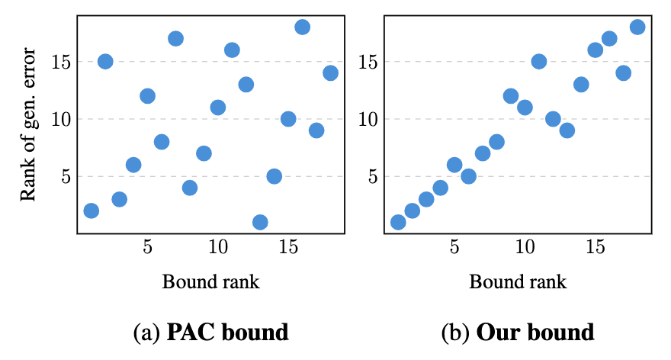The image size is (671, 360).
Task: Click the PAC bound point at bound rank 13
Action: pyautogui.click(x=260, y=222)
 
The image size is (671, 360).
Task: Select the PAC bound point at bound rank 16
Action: pyautogui.click(x=302, y=27)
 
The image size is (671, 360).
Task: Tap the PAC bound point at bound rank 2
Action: pyautogui.click(x=105, y=61)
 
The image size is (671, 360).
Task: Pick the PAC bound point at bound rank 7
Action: pyautogui.click(x=175, y=38)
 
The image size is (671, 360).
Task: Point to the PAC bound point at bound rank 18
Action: pyautogui.click(x=330, y=72)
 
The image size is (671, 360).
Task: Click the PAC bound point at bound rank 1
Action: pyautogui.click(x=91, y=211)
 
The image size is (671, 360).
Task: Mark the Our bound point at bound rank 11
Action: pyautogui.click(x=539, y=61)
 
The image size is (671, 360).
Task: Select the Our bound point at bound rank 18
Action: pyautogui.click(x=637, y=27)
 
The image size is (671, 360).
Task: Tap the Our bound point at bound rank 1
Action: pyautogui.click(x=398, y=222)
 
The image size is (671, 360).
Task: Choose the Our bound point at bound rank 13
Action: pyautogui.click(x=567, y=130)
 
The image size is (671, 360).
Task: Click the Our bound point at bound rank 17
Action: pyautogui.click(x=623, y=72)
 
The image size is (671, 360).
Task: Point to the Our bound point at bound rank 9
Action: pyautogui.click(x=511, y=95)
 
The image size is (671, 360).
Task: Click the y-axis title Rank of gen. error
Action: pyautogui.click(x=29, y=124)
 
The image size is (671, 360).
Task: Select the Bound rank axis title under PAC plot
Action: pyautogui.click(x=211, y=281)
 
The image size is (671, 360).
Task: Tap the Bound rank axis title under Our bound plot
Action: pyautogui.click(x=518, y=281)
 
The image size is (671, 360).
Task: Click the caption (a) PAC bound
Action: pyautogui.click(x=210, y=333)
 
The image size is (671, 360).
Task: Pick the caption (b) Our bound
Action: pyautogui.click(x=518, y=333)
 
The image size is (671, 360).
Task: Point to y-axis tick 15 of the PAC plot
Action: pyautogui.click(x=61, y=61)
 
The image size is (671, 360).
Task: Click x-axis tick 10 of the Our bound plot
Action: pyautogui.click(x=525, y=248)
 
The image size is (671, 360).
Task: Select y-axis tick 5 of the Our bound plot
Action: pyautogui.click(x=372, y=175)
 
